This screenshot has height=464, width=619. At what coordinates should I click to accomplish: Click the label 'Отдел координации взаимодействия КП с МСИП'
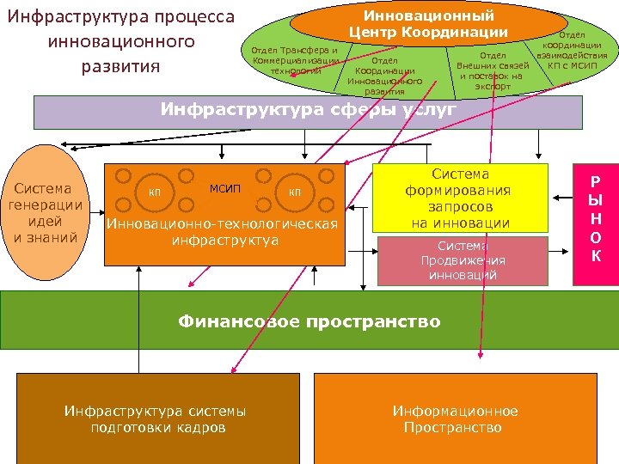565,51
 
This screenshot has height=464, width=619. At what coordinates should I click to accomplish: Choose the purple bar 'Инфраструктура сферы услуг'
308,111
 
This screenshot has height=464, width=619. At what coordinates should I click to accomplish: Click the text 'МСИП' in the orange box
225,188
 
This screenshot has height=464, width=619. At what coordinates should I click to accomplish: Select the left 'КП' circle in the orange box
155,191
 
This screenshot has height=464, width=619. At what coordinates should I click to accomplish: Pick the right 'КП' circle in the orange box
294,191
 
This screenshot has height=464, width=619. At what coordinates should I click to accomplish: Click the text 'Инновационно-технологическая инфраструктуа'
222,232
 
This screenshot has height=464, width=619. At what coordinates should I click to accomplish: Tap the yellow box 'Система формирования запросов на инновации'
460,198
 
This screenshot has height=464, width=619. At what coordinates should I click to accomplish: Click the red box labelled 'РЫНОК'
595,219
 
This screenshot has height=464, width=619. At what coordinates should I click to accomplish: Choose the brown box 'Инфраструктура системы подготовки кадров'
155,418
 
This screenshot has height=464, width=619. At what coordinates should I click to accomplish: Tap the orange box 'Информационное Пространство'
455,418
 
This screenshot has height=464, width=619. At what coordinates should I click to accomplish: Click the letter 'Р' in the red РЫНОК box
595,182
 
